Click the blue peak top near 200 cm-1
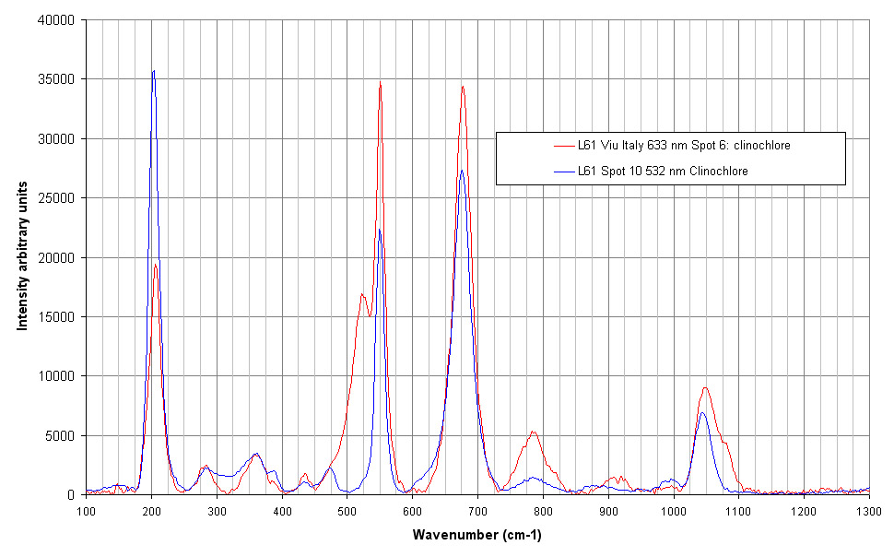coord(154,70)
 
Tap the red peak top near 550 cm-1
coord(380,81)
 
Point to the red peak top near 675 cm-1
coord(463,87)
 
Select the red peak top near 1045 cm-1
coord(705,387)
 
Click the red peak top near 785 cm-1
coord(533,432)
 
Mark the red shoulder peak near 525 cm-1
coord(362,294)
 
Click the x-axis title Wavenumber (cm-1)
coord(476,535)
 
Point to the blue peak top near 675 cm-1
coord(462,170)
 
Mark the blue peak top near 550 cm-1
coord(379,229)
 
